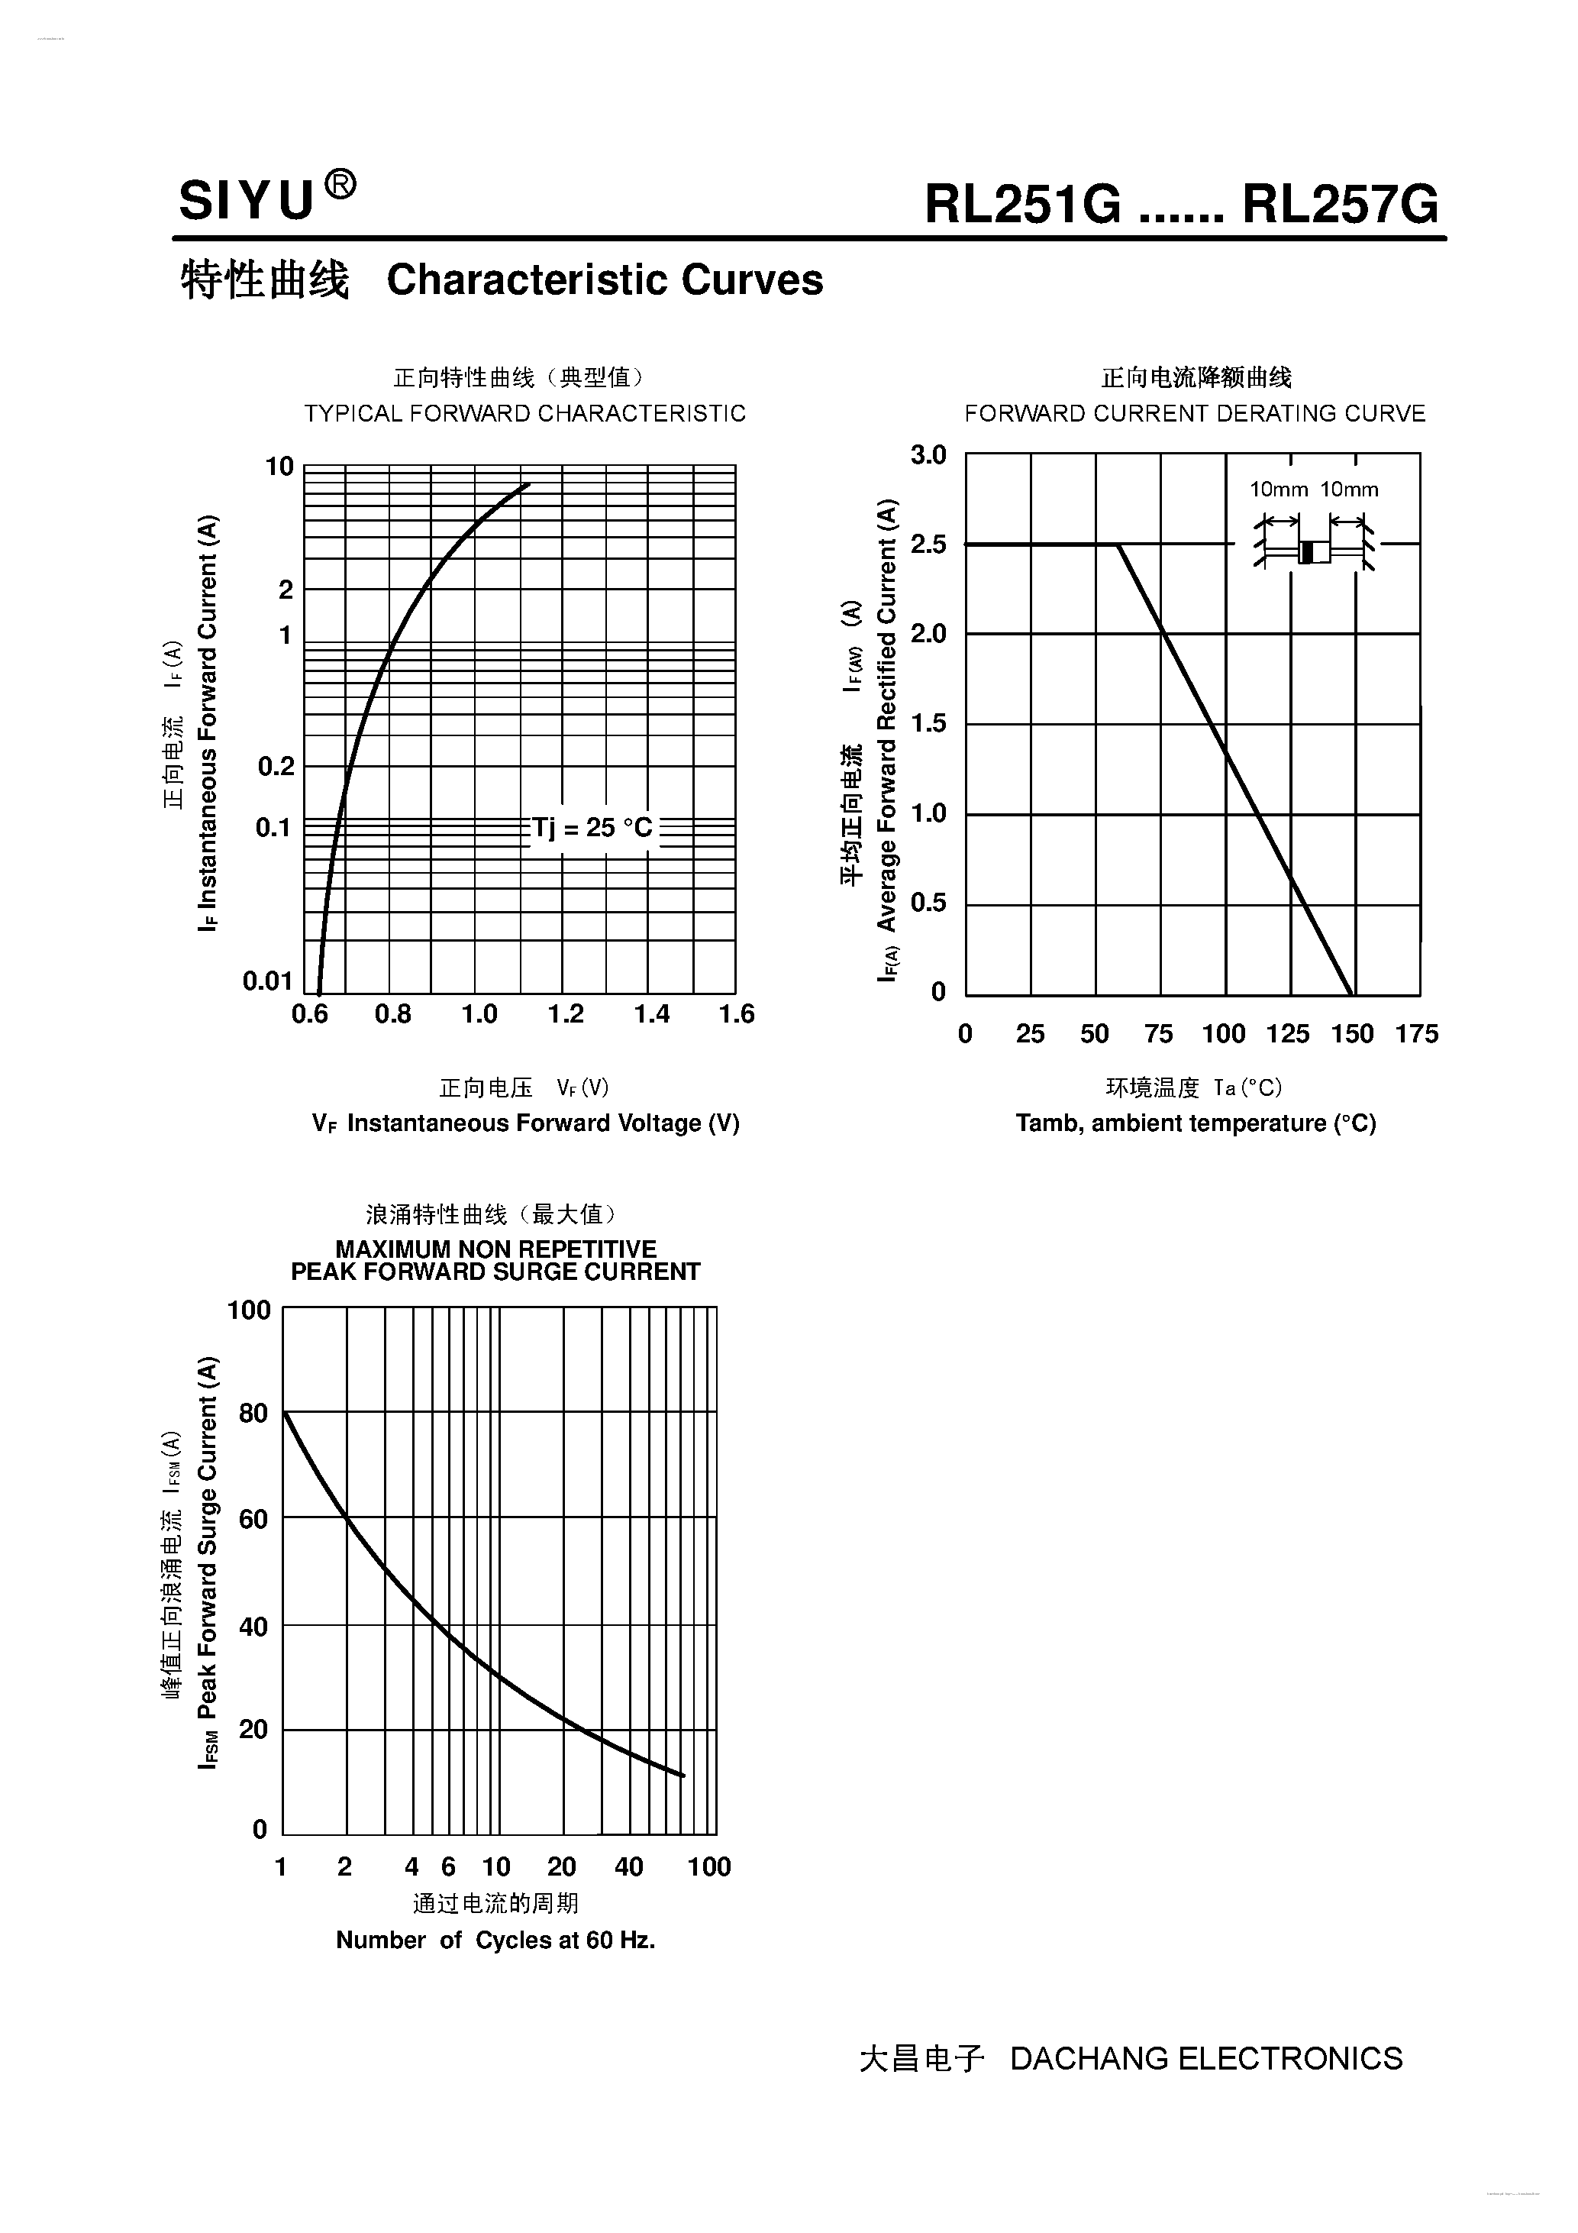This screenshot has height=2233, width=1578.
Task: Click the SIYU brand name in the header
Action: [247, 202]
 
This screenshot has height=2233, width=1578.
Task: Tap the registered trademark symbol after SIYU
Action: [339, 184]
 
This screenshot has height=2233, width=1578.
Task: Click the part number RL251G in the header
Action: [1023, 205]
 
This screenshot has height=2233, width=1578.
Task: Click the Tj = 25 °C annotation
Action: [592, 828]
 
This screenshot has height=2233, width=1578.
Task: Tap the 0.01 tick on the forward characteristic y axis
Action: [267, 981]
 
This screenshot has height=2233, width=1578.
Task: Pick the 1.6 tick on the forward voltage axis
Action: [737, 1014]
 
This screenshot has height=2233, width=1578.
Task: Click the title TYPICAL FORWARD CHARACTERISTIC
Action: [525, 413]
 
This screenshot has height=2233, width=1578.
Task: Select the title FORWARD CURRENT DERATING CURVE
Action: [1195, 413]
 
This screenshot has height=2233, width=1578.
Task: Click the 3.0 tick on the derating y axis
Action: [928, 455]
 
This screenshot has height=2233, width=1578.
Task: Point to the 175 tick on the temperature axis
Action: [1417, 1034]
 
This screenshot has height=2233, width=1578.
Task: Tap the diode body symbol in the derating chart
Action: [1315, 551]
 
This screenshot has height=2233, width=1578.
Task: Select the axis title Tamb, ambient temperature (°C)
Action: [1196, 1123]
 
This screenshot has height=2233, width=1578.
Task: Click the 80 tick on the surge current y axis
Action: [253, 1412]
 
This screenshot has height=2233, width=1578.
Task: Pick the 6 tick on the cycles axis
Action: [448, 1866]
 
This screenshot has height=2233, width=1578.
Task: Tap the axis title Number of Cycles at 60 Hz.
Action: [496, 1941]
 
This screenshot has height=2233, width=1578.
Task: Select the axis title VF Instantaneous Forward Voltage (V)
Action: [526, 1123]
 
